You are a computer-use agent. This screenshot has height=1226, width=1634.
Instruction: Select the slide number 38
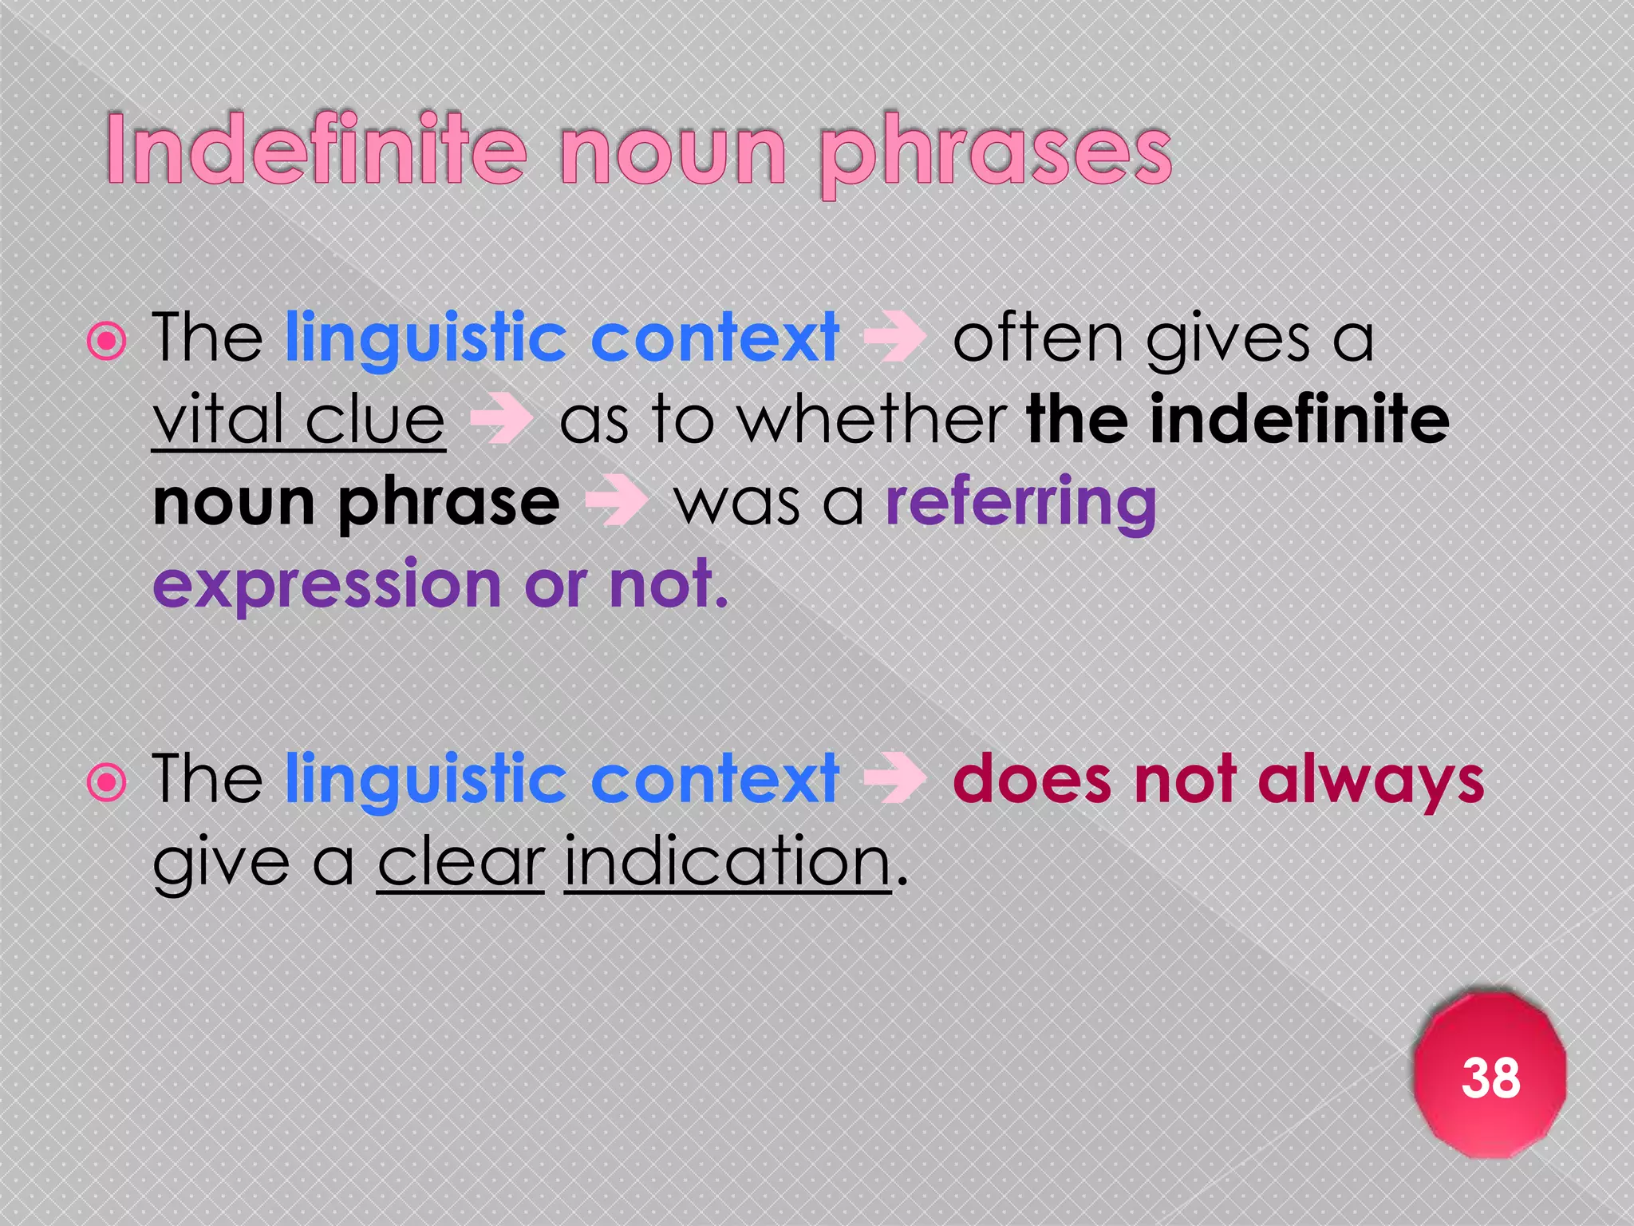tap(1490, 1078)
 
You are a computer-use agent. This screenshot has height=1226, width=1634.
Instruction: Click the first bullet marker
tap(107, 342)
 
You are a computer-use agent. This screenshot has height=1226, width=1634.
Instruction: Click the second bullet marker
tap(107, 782)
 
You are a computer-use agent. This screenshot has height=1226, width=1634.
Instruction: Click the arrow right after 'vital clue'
tap(501, 420)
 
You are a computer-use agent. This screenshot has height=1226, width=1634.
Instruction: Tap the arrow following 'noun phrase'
tap(615, 503)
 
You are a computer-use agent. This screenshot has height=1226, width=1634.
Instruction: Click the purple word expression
tap(327, 586)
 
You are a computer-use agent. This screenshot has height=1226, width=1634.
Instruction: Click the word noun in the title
tap(673, 152)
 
